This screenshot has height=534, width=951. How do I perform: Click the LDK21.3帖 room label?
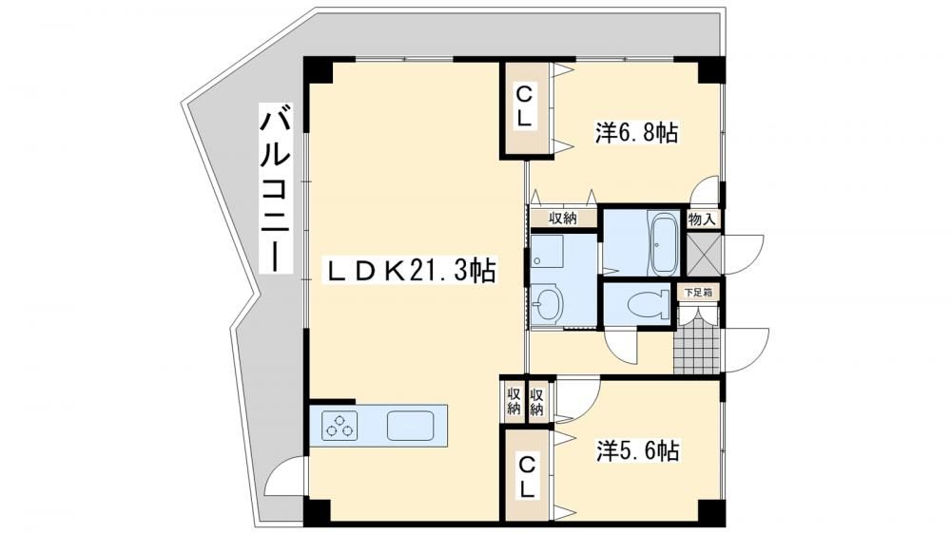412,271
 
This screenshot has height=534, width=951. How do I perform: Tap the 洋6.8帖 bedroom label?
636,132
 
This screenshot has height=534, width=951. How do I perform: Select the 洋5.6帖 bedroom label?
637,450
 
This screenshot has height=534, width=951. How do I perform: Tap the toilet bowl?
647,303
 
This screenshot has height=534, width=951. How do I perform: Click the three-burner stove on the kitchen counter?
340,425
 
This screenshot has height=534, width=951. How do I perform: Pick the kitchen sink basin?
411,425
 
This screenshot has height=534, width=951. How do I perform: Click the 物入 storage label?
703,219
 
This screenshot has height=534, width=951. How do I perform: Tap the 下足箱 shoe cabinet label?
697,292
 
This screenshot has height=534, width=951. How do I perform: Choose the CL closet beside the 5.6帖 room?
527,476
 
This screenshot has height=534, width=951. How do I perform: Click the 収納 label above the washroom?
562,219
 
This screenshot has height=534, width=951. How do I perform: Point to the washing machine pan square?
547,251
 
